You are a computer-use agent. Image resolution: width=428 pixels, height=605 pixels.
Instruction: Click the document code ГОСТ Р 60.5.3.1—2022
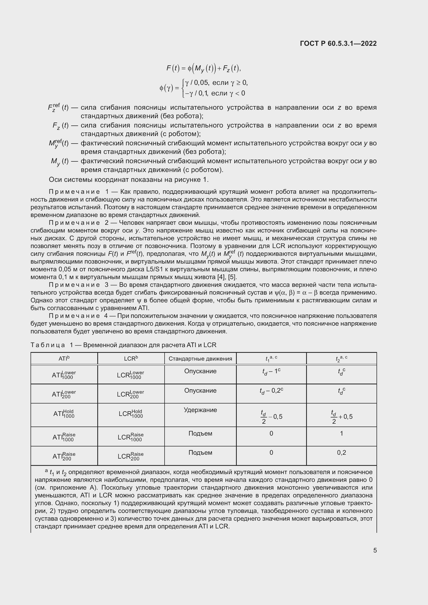(x=338, y=43)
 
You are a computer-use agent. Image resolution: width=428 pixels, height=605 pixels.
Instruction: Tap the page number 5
(x=375, y=550)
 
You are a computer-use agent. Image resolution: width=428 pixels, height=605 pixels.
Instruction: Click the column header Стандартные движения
(x=200, y=358)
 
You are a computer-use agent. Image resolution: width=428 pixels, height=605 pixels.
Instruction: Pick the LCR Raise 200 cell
(x=131, y=456)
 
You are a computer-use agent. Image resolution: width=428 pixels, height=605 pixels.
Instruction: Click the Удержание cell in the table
(x=200, y=410)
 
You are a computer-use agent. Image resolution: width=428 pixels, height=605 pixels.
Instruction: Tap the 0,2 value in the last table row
(x=341, y=453)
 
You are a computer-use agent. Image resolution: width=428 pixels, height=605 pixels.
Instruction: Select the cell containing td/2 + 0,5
(x=342, y=417)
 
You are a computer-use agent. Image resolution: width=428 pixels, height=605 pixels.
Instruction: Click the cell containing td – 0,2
(x=271, y=391)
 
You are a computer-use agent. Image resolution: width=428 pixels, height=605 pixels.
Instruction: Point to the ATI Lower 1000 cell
(x=64, y=375)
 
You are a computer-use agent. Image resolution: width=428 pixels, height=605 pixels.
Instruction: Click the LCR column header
(x=131, y=358)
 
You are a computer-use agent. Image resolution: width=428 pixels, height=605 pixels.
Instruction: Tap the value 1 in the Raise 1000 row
(x=341, y=434)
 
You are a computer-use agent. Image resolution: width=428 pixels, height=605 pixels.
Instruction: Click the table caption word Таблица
(x=48, y=345)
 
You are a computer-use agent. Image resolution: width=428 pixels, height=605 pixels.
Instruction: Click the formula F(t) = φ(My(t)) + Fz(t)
(x=203, y=69)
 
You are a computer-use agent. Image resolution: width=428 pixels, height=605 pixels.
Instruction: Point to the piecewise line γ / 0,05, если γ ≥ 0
(x=216, y=83)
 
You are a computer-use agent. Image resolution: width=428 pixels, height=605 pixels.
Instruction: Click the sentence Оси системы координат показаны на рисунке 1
(x=129, y=180)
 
